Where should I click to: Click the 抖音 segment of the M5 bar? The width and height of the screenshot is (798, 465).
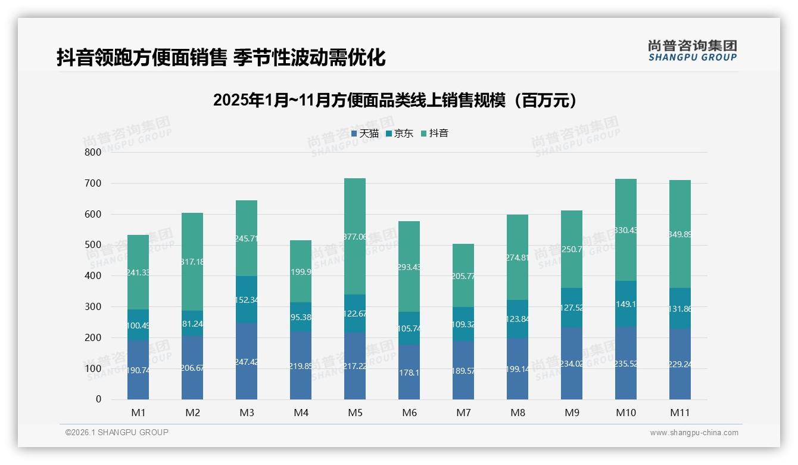[x=355, y=236]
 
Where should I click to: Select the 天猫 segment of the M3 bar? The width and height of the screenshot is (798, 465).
[x=247, y=361]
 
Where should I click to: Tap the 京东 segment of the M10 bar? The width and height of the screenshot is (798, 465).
[x=625, y=303]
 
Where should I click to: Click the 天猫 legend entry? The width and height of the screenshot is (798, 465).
[x=365, y=134]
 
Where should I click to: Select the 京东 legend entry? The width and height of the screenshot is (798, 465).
[x=400, y=134]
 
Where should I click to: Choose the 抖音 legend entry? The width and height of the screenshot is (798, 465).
[x=435, y=134]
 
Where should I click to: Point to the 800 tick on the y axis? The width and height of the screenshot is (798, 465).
[x=93, y=152]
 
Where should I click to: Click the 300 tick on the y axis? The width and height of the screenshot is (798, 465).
[x=93, y=306]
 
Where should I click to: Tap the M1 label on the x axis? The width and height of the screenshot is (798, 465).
[x=138, y=413]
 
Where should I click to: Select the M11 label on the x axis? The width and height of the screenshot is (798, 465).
[x=680, y=413]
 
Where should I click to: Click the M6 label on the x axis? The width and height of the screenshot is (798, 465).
[x=409, y=413]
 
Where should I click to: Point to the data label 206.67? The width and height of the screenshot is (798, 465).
[x=193, y=368]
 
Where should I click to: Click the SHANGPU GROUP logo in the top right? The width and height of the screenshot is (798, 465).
[x=692, y=51]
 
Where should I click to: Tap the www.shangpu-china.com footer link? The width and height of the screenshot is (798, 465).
[x=694, y=433]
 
